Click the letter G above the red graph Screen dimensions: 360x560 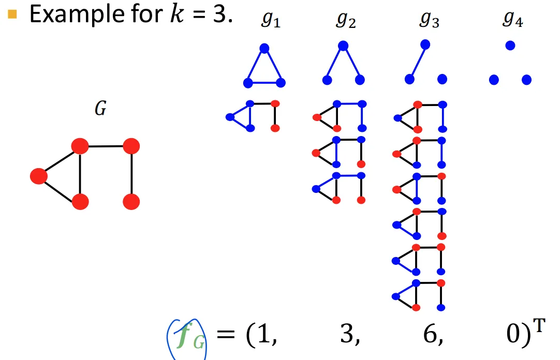tap(100, 110)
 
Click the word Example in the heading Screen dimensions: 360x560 tap(67, 14)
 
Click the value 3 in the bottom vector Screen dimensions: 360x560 tap(346, 338)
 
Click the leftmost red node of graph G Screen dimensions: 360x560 tap(39, 176)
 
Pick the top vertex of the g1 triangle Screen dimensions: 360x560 tap(264, 48)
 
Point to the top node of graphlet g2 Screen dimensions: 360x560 tap(343, 46)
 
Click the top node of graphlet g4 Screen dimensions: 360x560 tap(510, 46)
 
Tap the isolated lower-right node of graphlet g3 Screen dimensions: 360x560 tap(442, 79)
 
